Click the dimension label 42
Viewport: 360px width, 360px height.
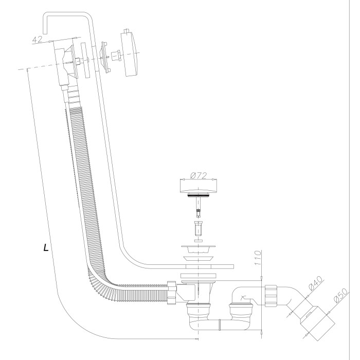[x=37, y=40]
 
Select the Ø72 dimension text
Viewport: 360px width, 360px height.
[x=199, y=176]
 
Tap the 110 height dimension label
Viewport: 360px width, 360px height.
[x=258, y=258]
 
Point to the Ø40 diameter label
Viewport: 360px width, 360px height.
[x=315, y=284]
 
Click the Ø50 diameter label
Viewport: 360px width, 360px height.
[x=340, y=296]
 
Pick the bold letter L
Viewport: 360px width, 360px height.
[x=46, y=247]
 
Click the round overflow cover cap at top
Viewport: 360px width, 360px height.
[x=130, y=54]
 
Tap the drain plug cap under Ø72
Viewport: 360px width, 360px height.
[x=198, y=186]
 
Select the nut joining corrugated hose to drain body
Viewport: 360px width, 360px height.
[x=172, y=293]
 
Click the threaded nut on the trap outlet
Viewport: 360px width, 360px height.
[x=271, y=296]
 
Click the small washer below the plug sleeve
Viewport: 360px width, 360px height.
[x=198, y=241]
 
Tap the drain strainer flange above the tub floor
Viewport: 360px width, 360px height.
[x=198, y=249]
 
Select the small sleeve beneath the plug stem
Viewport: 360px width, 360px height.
[x=198, y=228]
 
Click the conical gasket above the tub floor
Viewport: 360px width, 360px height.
[x=198, y=259]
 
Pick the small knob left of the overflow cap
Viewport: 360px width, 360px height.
[x=116, y=56]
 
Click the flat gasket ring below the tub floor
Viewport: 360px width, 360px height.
[x=198, y=276]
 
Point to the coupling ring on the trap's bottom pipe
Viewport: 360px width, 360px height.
[x=220, y=325]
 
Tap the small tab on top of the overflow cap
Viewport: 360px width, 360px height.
[x=127, y=31]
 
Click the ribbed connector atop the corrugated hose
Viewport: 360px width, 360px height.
[x=73, y=96]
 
